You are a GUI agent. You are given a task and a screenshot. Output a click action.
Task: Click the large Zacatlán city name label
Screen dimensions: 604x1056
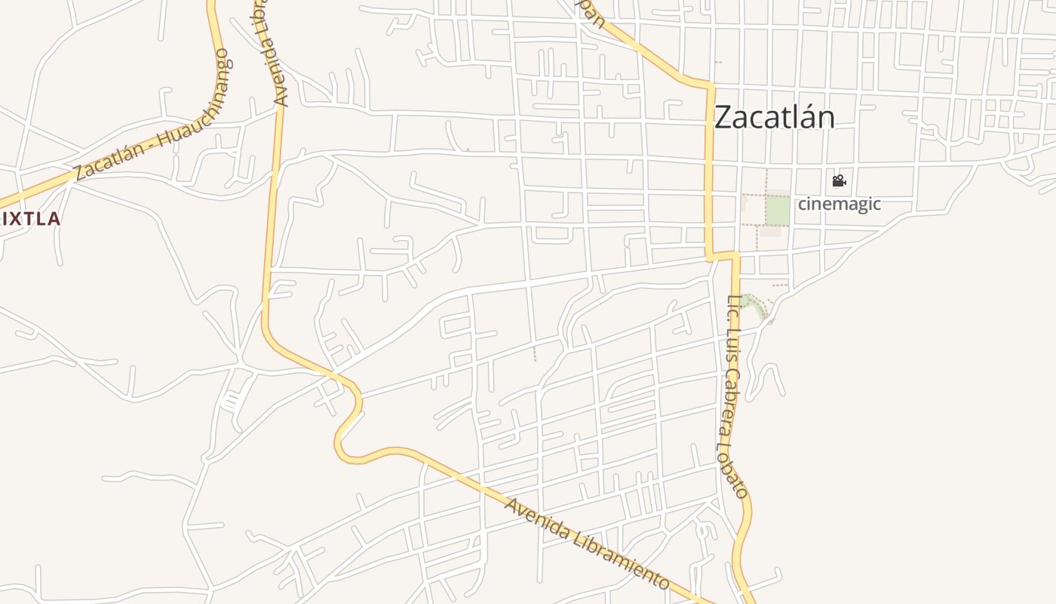tap(774, 118)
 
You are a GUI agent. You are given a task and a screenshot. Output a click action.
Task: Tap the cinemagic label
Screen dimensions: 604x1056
tap(839, 204)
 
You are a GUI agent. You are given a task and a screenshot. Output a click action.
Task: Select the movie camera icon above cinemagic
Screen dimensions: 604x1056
tap(839, 181)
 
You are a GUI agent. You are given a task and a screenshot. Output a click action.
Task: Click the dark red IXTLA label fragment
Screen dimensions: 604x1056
tap(30, 219)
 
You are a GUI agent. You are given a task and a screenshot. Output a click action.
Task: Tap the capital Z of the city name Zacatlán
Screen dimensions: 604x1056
tap(723, 118)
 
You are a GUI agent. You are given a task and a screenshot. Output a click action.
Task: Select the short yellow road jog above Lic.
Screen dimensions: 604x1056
tap(724, 256)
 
